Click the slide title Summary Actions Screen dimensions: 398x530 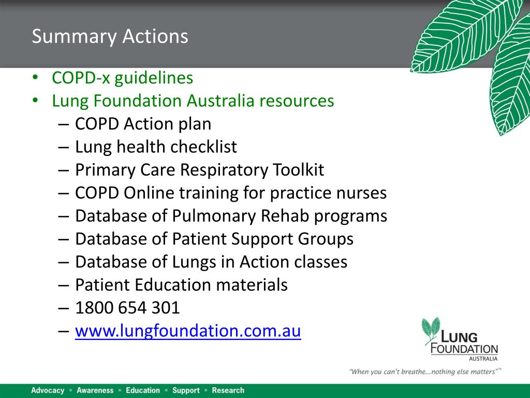pyautogui.click(x=110, y=37)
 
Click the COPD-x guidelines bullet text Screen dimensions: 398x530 pyautogui.click(x=122, y=78)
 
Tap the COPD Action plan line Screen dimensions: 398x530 pyautogui.click(x=143, y=124)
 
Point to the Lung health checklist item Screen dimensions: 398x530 pyautogui.click(x=156, y=147)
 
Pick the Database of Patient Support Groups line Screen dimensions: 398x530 pyautogui.click(x=214, y=239)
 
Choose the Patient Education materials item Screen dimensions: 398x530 pyautogui.click(x=181, y=285)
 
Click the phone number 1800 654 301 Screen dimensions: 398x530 pyautogui.click(x=127, y=308)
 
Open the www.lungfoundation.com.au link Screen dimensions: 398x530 pyautogui.click(x=188, y=331)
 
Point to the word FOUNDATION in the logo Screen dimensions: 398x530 pyautogui.click(x=464, y=349)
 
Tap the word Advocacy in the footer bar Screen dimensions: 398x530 pyautogui.click(x=48, y=390)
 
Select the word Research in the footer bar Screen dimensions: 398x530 pyautogui.click(x=228, y=390)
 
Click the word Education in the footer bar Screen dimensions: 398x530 pyautogui.click(x=143, y=390)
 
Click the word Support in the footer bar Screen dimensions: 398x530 pyautogui.click(x=186, y=390)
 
